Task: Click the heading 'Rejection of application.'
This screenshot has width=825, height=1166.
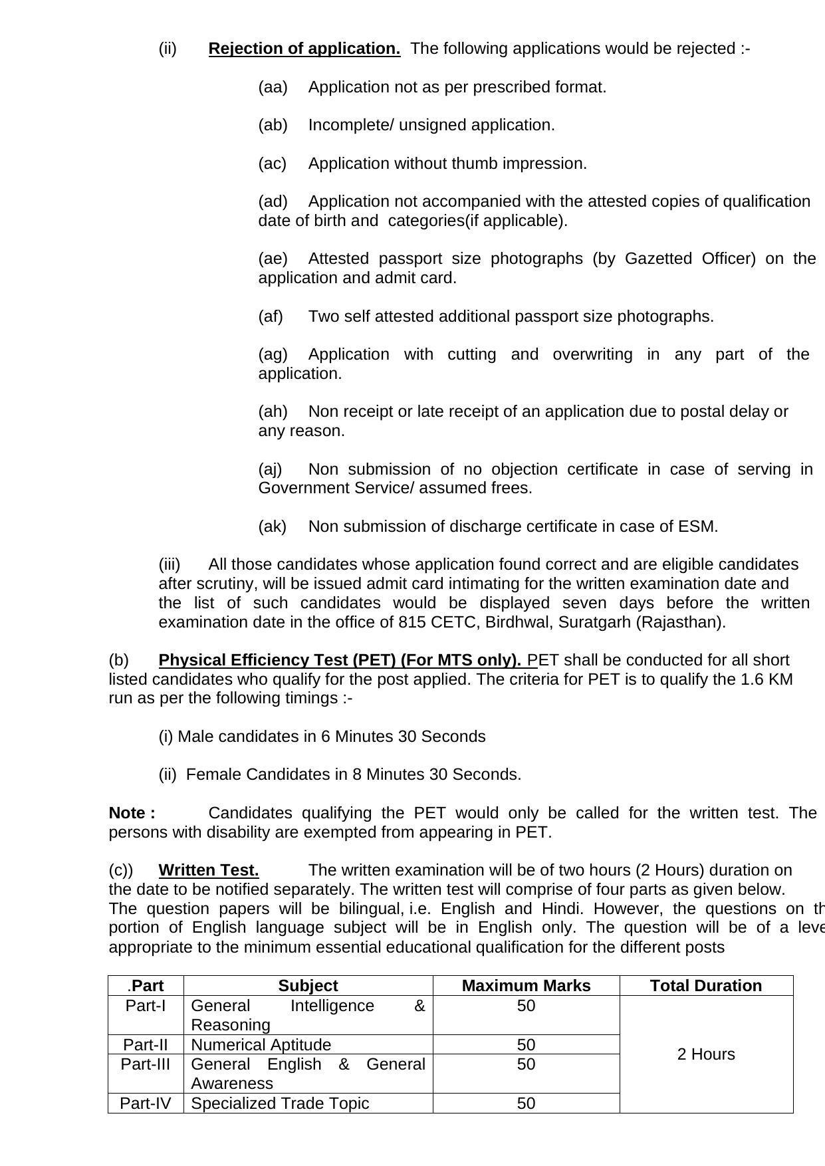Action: click(x=304, y=49)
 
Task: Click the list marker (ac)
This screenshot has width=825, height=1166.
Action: click(x=273, y=164)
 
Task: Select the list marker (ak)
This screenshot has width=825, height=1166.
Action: click(x=273, y=526)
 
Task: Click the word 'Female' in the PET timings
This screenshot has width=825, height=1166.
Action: click(x=213, y=774)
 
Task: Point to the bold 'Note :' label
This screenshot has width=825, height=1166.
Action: click(x=132, y=813)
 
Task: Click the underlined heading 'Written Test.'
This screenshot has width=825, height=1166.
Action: click(x=209, y=870)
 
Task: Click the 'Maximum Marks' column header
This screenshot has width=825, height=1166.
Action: click(x=526, y=986)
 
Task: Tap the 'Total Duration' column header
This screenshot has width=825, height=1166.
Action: click(x=706, y=986)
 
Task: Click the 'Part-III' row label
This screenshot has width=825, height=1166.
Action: click(x=146, y=1064)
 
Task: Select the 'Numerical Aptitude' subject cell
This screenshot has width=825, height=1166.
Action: click(x=261, y=1045)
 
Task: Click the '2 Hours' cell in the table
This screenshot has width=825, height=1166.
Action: click(x=706, y=1054)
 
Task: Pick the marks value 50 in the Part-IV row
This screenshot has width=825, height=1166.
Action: click(x=526, y=1104)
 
